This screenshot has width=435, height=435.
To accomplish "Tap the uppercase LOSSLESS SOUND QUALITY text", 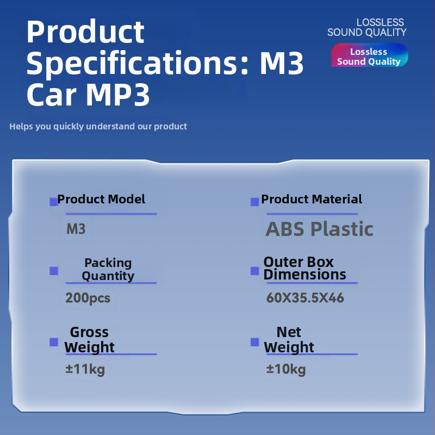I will tap(367, 27).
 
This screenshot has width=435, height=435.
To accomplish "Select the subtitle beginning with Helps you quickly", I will tap(98, 126).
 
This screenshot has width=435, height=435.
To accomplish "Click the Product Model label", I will tap(101, 199).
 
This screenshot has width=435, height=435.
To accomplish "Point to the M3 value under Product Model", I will tap(76, 229).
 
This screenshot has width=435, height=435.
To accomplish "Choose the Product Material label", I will tap(312, 199).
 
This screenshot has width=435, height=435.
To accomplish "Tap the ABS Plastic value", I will tap(319, 229).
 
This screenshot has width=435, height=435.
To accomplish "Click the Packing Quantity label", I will tap(108, 269).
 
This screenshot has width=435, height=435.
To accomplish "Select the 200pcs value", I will tap(88, 298).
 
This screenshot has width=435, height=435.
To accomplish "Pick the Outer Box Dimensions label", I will tap(304, 268).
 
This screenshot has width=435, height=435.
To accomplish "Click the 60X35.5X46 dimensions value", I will tap(305, 298).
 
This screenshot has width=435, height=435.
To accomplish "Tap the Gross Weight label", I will tap(89, 340).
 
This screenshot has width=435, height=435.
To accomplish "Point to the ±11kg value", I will tap(85, 370).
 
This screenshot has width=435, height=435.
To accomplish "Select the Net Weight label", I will tap(289, 340).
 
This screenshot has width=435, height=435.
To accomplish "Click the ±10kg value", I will tap(286, 370).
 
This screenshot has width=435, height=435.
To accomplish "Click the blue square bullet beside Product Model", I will tap(53, 202).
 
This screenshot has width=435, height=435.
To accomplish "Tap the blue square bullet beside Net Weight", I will tap(254, 342).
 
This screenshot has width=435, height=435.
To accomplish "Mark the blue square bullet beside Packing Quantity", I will tap(53, 271).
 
